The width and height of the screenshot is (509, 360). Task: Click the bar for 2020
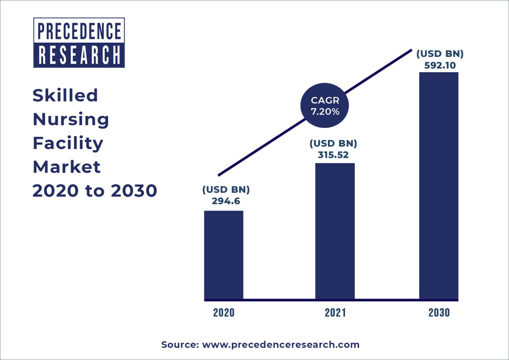click(223, 255)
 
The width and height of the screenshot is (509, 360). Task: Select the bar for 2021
click(335, 231)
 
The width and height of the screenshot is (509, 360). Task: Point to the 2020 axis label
click(224, 313)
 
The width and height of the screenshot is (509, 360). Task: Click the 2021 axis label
click(335, 313)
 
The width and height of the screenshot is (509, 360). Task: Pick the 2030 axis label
click(439, 313)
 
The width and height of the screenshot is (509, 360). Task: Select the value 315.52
click(333, 155)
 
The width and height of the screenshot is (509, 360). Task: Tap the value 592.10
click(439, 65)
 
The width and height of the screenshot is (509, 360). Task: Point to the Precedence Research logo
click(79, 43)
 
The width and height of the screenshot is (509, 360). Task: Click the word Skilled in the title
click(65, 96)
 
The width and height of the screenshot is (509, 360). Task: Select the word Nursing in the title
click(71, 120)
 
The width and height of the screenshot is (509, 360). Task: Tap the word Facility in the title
click(68, 143)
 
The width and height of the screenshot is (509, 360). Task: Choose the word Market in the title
click(67, 167)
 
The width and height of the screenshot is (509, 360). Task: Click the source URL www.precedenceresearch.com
click(280, 345)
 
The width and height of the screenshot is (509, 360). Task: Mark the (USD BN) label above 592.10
click(439, 54)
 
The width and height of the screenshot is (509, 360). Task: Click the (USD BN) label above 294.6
click(226, 189)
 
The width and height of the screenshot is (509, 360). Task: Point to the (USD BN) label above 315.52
click(333, 143)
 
